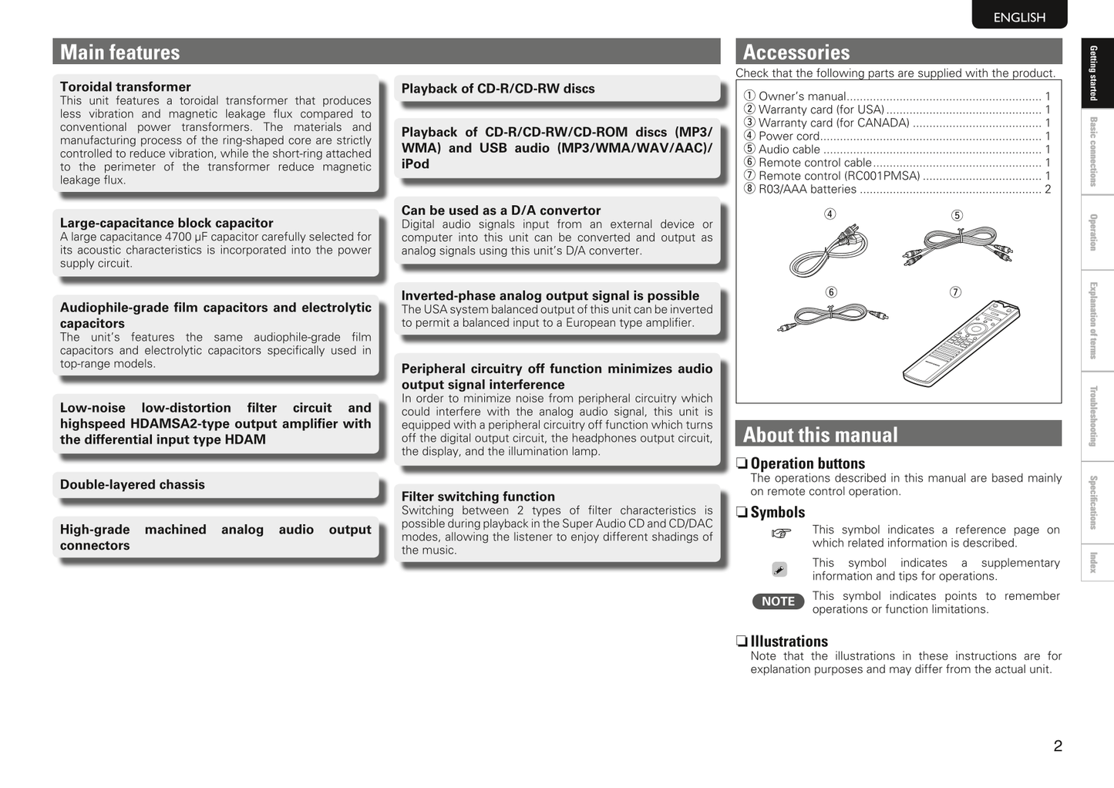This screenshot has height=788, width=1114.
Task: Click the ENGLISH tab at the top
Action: click(x=1019, y=17)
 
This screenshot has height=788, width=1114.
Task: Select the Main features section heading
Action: click(x=120, y=52)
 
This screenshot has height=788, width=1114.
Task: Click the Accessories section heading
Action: click(x=796, y=52)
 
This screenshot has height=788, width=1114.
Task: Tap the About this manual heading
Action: click(x=820, y=435)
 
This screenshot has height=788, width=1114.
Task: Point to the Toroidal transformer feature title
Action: click(x=126, y=87)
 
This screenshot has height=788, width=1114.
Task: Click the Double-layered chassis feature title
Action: click(x=133, y=485)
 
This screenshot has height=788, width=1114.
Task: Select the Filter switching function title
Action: click(x=478, y=497)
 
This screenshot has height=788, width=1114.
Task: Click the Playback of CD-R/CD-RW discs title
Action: click(x=498, y=89)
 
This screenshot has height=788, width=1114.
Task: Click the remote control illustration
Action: click(x=961, y=343)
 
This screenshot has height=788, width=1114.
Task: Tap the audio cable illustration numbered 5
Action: click(x=957, y=245)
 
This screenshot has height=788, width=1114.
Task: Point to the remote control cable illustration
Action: click(x=833, y=315)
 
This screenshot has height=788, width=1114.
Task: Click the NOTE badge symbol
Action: click(x=778, y=601)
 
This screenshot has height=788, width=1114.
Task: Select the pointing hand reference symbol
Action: click(x=781, y=533)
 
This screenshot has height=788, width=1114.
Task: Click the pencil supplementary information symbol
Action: click(x=779, y=570)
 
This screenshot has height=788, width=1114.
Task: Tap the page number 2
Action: click(x=1058, y=746)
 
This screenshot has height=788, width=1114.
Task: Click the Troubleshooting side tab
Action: click(x=1093, y=416)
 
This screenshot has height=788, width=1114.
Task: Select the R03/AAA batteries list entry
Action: click(x=807, y=190)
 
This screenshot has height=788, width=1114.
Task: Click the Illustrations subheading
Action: click(x=789, y=642)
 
